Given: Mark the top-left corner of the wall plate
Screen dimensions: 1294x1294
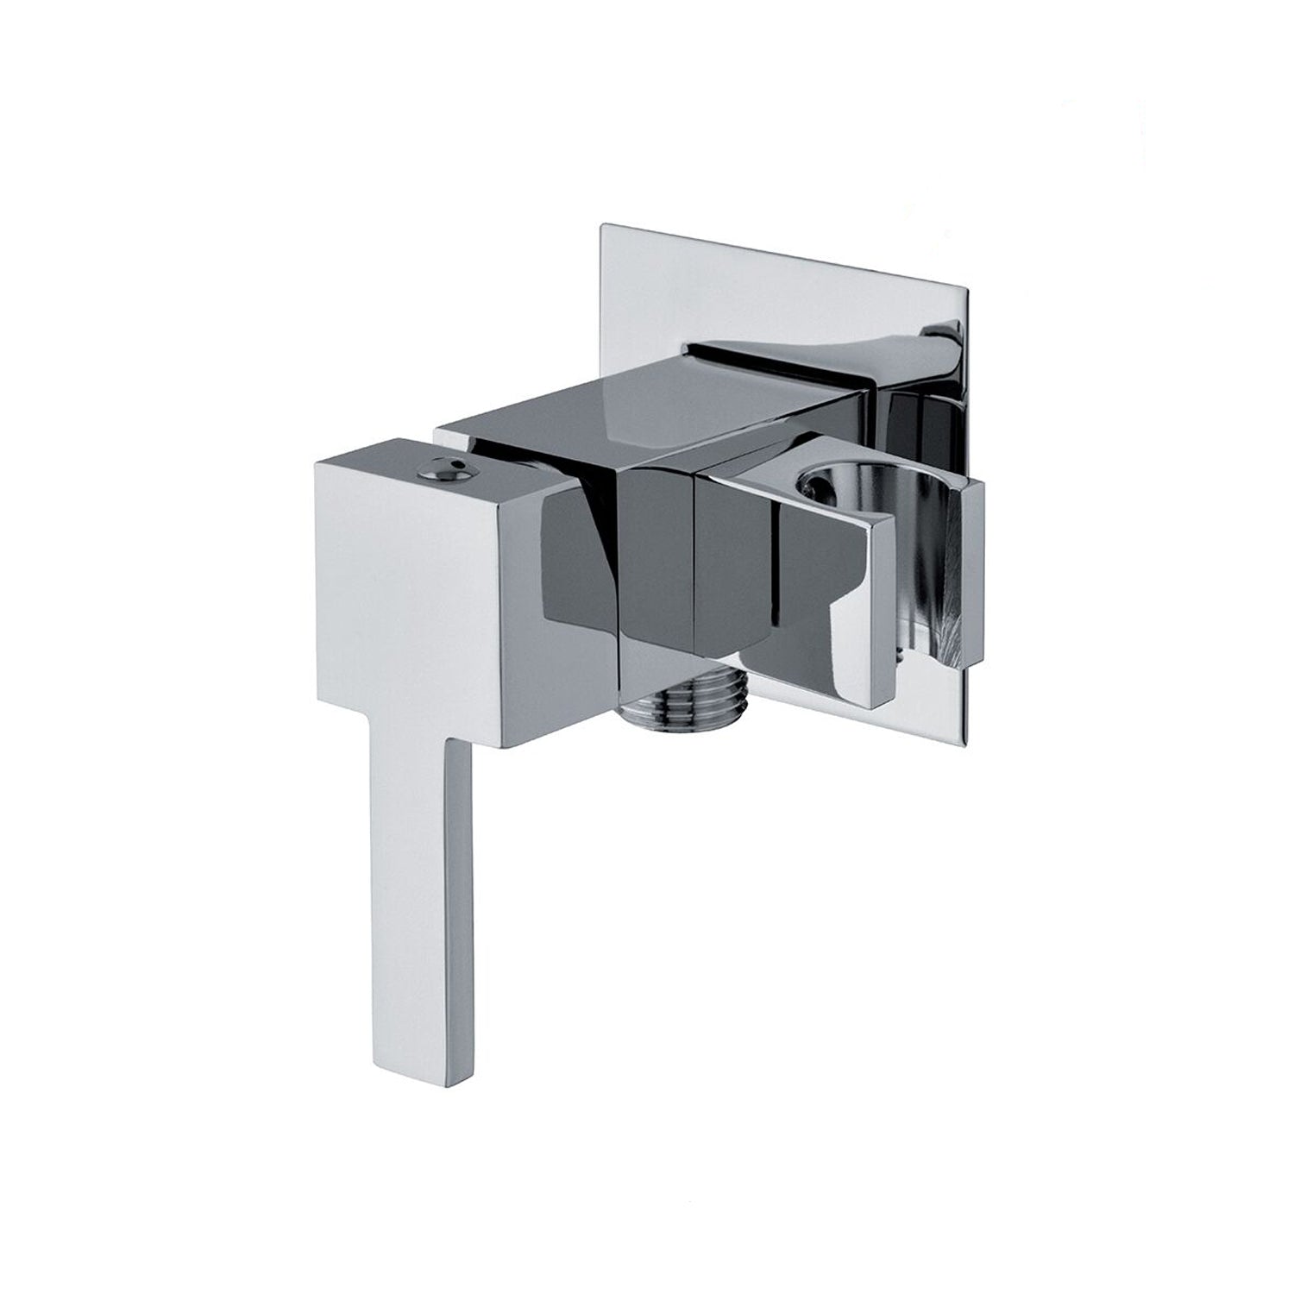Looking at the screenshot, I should tap(600, 226).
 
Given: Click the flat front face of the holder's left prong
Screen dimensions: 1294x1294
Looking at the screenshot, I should tap(828, 604).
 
